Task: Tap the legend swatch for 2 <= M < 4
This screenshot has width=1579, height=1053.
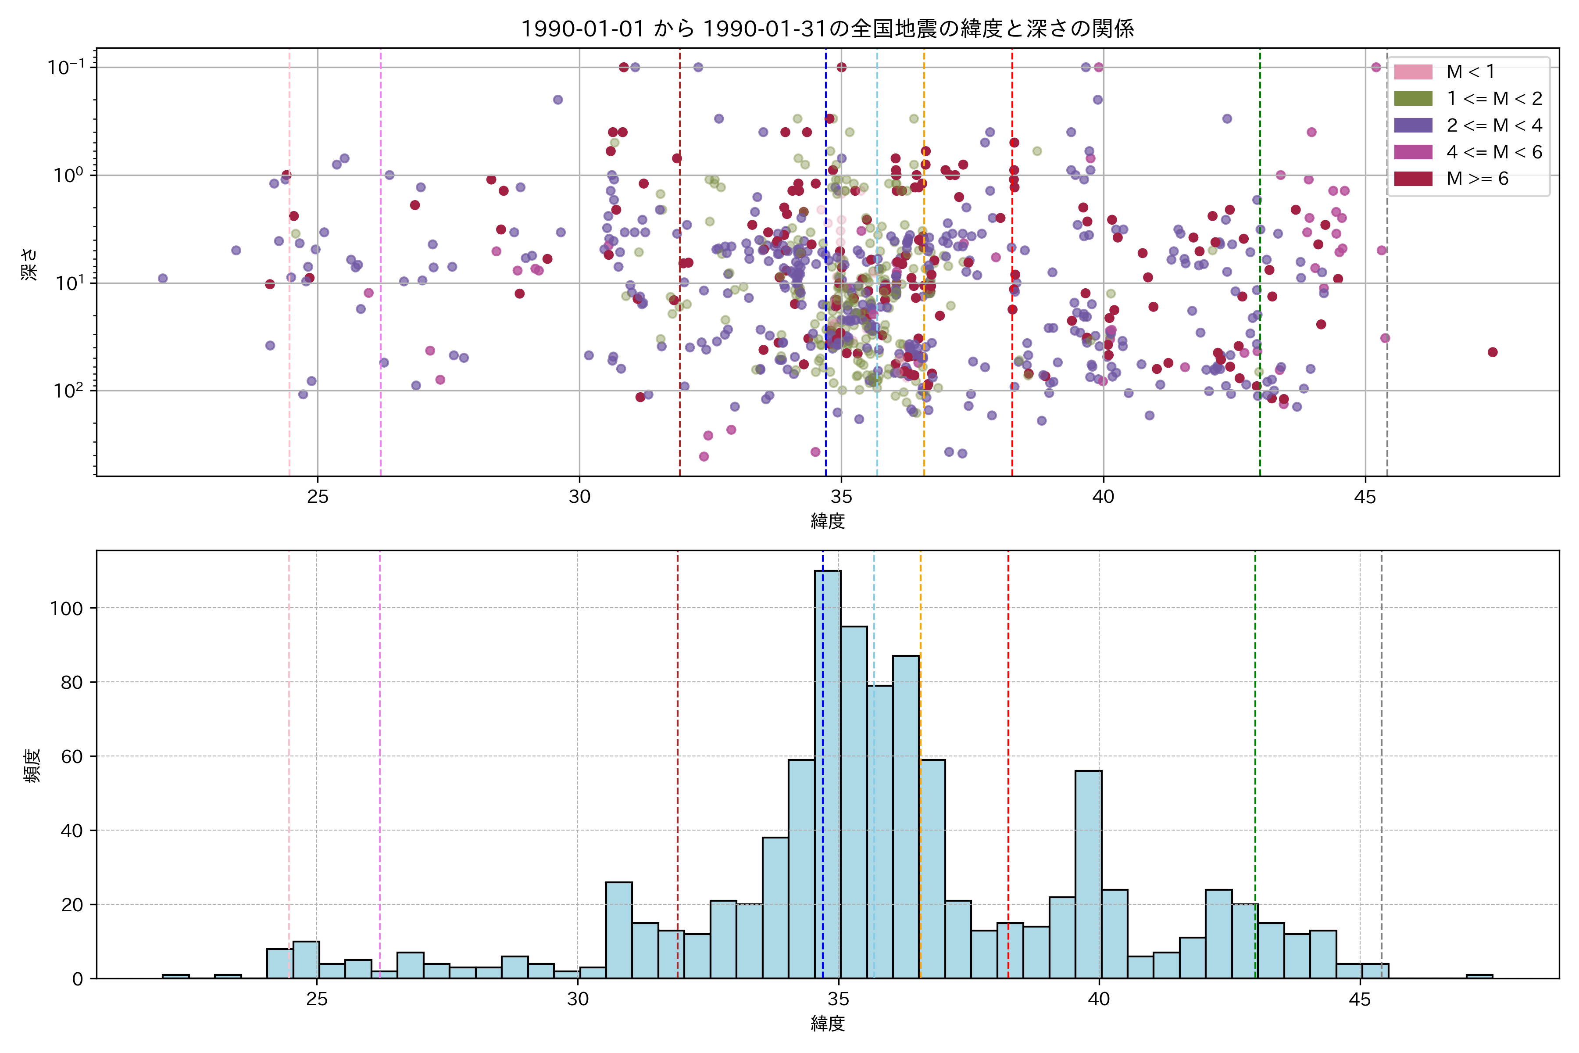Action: click(1412, 125)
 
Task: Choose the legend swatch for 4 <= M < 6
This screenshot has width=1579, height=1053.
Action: click(1412, 152)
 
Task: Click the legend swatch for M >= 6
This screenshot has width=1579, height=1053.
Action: click(1412, 179)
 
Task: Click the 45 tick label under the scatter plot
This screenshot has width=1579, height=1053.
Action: click(1365, 498)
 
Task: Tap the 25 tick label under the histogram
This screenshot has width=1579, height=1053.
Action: click(317, 1000)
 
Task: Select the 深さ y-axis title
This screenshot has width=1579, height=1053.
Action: click(29, 263)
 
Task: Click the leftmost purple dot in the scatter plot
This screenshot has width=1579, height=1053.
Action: click(162, 278)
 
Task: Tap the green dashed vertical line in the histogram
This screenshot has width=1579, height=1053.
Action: click(1255, 739)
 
